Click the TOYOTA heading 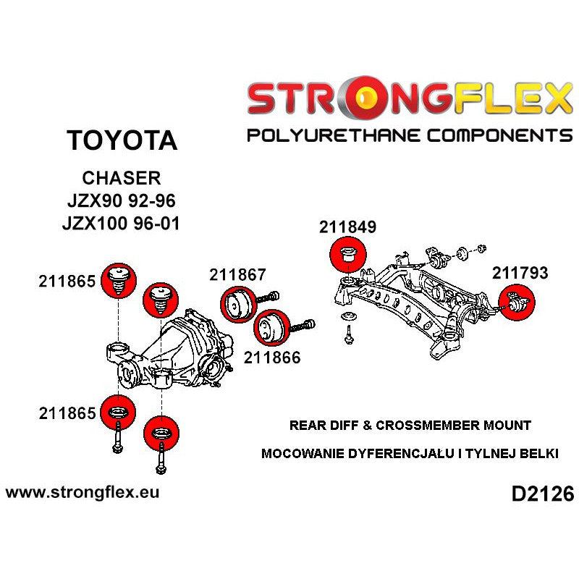point(121,140)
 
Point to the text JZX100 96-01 point(121,223)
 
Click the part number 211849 point(347,227)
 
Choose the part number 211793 point(520,273)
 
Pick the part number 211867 point(238,275)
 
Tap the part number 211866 point(272,356)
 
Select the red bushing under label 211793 point(516,303)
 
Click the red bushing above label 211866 point(272,328)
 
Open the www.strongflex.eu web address point(83,492)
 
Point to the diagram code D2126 point(542,494)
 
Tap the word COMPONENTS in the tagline point(496,135)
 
